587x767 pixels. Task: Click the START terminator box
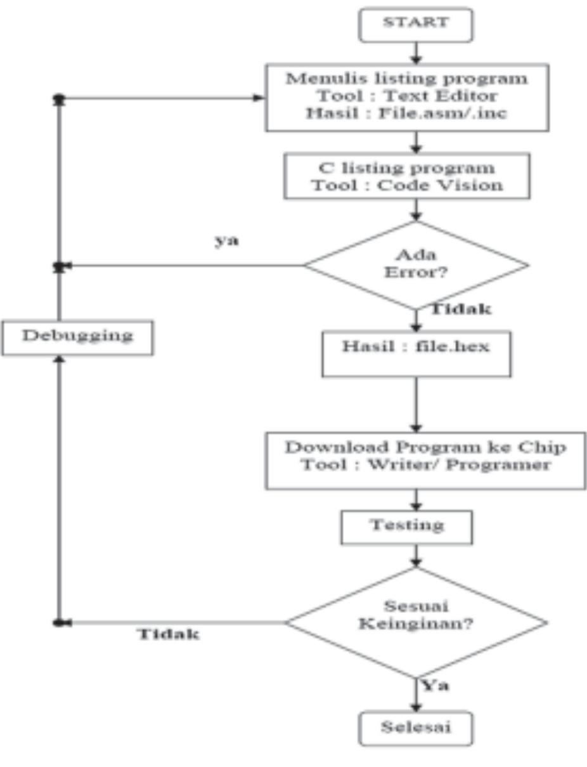coord(416,23)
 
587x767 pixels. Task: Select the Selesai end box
coord(416,727)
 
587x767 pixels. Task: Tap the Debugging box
coord(77,336)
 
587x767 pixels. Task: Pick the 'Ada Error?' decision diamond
coord(416,265)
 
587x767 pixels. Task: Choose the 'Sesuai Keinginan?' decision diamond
coord(416,622)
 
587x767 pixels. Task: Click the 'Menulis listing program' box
coord(406,96)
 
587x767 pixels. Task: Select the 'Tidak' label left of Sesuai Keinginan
coord(169,634)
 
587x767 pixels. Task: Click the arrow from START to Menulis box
coord(416,52)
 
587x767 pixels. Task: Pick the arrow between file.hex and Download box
coord(416,404)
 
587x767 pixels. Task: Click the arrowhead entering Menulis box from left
coord(258,98)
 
